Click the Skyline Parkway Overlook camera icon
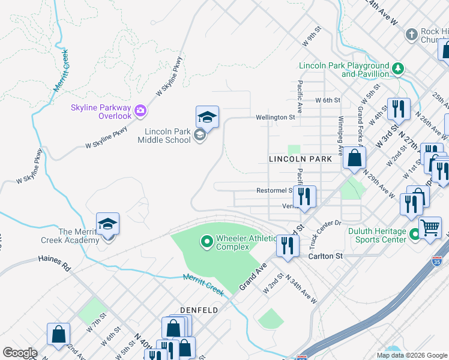click(x=140, y=110)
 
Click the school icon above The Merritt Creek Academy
click(x=108, y=224)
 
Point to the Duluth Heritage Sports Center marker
click(x=414, y=238)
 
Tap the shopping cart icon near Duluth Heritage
click(x=430, y=227)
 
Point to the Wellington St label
click(x=275, y=118)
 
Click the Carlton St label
click(x=326, y=256)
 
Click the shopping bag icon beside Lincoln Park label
click(x=355, y=158)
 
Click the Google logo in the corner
click(x=20, y=353)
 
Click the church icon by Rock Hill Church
click(x=411, y=34)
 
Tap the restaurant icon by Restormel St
click(x=305, y=196)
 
